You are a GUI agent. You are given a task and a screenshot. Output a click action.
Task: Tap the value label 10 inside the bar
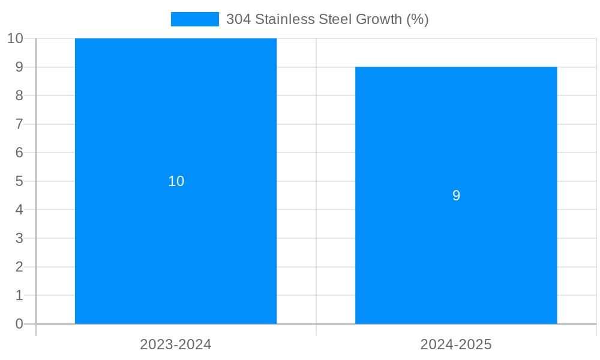tap(176, 181)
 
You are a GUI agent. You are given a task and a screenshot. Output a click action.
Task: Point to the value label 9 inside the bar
tap(456, 196)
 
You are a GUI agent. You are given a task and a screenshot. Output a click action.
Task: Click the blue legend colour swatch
tap(195, 19)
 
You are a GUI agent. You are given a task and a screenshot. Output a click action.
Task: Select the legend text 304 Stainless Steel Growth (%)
tap(327, 19)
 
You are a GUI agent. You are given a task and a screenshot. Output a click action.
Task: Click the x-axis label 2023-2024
tap(176, 344)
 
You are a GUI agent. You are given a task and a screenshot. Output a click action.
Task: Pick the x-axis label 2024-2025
tap(456, 344)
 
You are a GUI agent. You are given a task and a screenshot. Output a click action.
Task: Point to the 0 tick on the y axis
tap(19, 324)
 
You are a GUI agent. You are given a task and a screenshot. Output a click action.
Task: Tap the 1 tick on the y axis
tap(19, 295)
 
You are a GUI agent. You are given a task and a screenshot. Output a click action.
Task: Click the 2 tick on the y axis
tap(19, 267)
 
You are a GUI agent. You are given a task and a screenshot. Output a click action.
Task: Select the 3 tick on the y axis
tap(19, 238)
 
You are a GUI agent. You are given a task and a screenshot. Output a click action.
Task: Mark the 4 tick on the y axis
tap(19, 210)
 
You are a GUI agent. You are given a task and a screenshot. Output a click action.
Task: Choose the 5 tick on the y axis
tap(19, 181)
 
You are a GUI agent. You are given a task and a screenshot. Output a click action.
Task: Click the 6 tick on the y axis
tap(19, 152)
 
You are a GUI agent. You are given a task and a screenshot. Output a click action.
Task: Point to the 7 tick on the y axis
tap(19, 124)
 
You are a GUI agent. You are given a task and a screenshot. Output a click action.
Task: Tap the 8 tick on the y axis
tap(19, 95)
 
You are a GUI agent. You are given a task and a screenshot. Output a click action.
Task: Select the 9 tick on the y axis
tap(19, 67)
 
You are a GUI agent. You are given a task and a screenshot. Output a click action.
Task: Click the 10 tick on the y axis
tap(15, 38)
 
